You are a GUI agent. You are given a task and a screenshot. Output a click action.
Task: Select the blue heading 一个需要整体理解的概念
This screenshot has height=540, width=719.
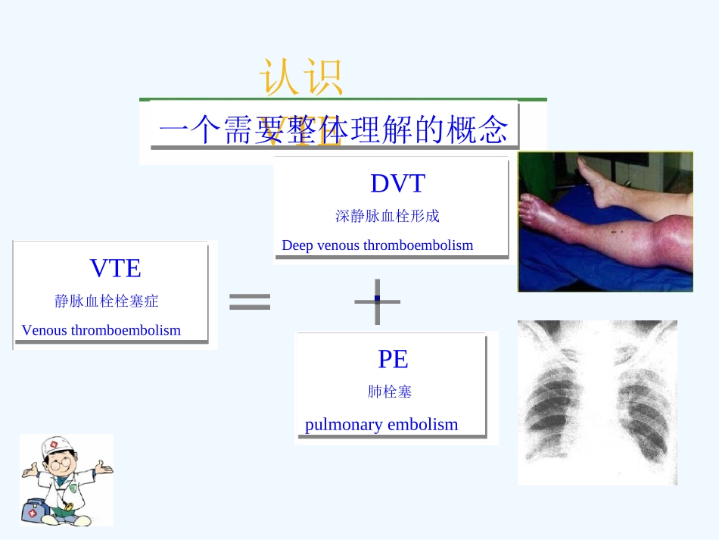click(x=333, y=130)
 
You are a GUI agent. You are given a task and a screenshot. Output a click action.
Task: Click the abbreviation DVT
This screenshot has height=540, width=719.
click(x=397, y=183)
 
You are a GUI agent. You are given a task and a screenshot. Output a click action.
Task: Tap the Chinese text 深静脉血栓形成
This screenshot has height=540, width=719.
click(x=387, y=216)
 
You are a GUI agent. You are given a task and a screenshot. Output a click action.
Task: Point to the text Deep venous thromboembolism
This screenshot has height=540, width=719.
click(x=377, y=245)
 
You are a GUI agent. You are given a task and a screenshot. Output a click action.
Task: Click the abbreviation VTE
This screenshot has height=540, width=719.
click(x=115, y=268)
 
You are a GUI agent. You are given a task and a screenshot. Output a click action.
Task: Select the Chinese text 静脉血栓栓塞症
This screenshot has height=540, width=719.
click(x=107, y=301)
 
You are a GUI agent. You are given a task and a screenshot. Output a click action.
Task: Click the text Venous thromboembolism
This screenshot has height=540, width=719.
click(x=101, y=330)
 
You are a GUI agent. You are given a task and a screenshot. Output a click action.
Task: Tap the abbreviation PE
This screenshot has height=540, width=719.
click(x=393, y=359)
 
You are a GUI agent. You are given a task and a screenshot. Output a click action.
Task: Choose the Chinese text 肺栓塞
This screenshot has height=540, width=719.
click(x=390, y=392)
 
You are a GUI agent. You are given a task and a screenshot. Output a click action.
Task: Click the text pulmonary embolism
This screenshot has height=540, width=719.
click(x=381, y=424)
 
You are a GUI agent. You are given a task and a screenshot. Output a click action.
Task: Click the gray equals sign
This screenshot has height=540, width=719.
click(x=249, y=302)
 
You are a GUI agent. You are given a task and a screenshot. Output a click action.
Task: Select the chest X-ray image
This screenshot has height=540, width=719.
click(x=597, y=402)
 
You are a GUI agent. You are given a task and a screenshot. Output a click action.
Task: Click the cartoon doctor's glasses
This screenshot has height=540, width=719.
click(x=61, y=460)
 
